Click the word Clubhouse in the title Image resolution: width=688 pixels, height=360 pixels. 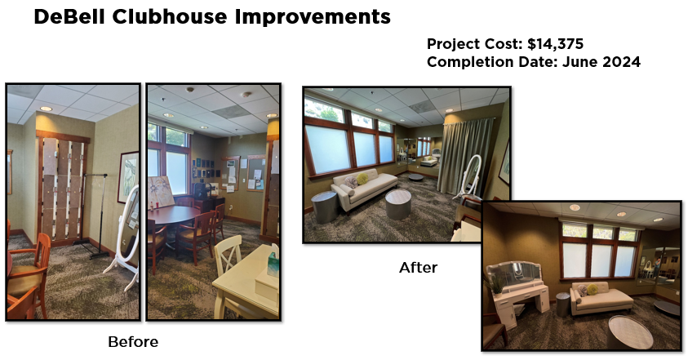pyautogui.click(x=170, y=17)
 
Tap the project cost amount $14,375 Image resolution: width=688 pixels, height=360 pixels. pyautogui.click(x=556, y=44)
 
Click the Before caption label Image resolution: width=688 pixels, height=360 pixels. pyautogui.click(x=133, y=342)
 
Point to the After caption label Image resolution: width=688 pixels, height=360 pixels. pyautogui.click(x=418, y=268)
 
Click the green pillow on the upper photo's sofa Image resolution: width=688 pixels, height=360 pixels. pyautogui.click(x=362, y=179)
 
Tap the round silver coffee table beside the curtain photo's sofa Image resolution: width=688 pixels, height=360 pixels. pyautogui.click(x=398, y=204)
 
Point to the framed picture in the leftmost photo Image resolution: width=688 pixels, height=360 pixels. pyautogui.click(x=128, y=177)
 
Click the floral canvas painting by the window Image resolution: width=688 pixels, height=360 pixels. pyautogui.click(x=162, y=192)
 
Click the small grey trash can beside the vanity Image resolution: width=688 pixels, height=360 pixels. pyautogui.click(x=562, y=304)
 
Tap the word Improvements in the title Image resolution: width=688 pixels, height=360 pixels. pyautogui.click(x=313, y=17)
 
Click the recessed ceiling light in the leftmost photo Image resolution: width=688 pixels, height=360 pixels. pyautogui.click(x=46, y=109)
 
